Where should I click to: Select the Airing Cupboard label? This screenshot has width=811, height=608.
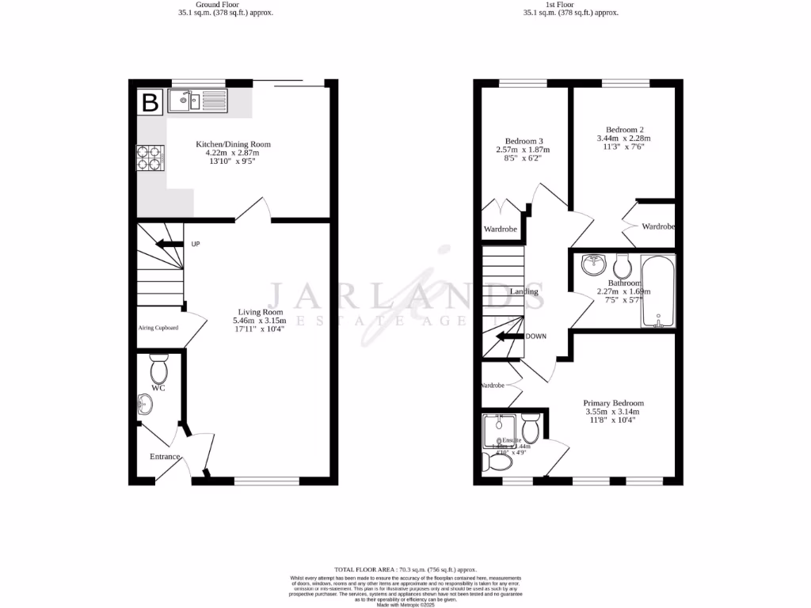coord(158,328)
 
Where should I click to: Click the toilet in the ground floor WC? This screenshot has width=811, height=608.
coord(159,370)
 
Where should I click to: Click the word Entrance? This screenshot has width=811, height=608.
coord(166,457)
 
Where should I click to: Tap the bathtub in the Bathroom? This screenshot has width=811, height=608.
coord(657,291)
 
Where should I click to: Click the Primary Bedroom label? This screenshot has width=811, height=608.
coord(613,402)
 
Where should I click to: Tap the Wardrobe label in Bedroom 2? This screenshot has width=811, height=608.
coord(658,226)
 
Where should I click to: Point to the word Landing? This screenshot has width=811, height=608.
coord(524,291)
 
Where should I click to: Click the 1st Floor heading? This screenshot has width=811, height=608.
coord(570,4)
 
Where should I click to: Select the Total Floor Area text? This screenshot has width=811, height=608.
coord(405,569)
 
